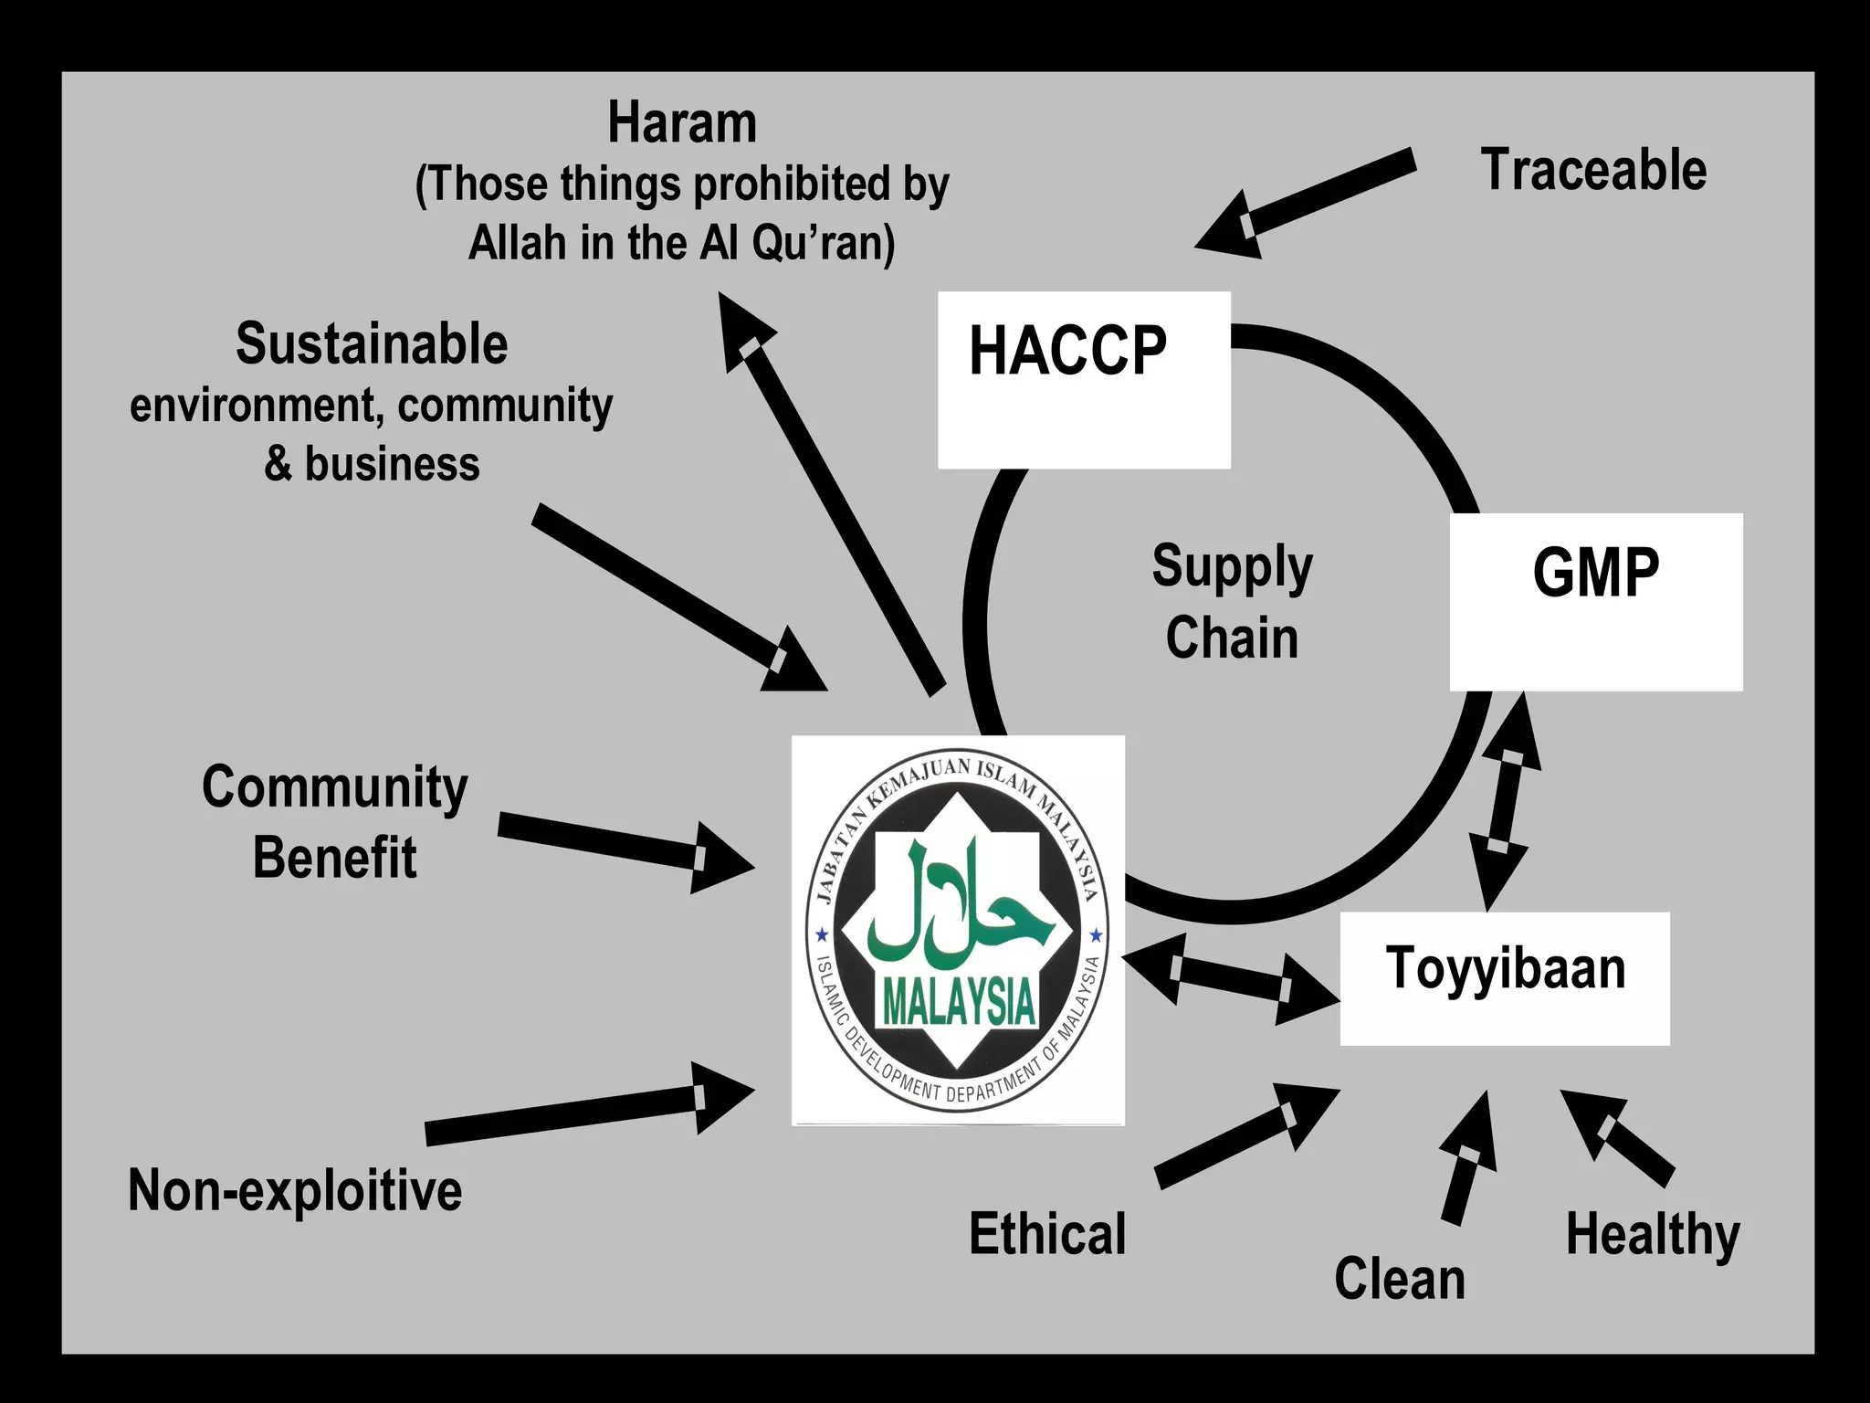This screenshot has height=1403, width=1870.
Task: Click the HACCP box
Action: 1084,379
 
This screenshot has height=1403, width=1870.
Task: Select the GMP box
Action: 1596,601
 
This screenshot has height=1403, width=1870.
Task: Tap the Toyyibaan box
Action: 1505,977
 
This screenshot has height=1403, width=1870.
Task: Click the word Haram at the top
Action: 682,123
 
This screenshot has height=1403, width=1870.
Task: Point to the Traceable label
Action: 1593,170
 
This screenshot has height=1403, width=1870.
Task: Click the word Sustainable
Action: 372,344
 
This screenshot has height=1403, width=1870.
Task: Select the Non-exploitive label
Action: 295,1190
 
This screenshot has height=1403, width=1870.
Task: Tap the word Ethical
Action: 1047,1234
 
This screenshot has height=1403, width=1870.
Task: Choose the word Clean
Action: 1400,1278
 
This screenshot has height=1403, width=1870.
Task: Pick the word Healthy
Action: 1653,1235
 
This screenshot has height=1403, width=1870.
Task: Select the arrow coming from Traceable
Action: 1306,204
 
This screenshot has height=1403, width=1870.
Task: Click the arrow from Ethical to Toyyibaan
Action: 1246,1135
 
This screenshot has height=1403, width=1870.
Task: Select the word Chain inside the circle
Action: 1232,638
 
